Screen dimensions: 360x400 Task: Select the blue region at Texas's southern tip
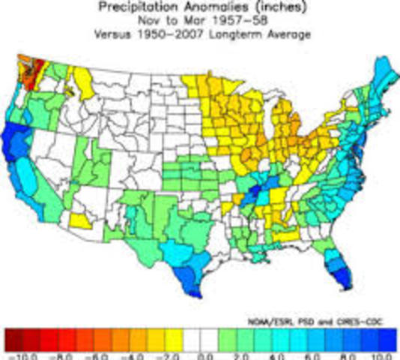(x=190, y=287)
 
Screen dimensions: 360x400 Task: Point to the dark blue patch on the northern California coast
(x=15, y=139)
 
